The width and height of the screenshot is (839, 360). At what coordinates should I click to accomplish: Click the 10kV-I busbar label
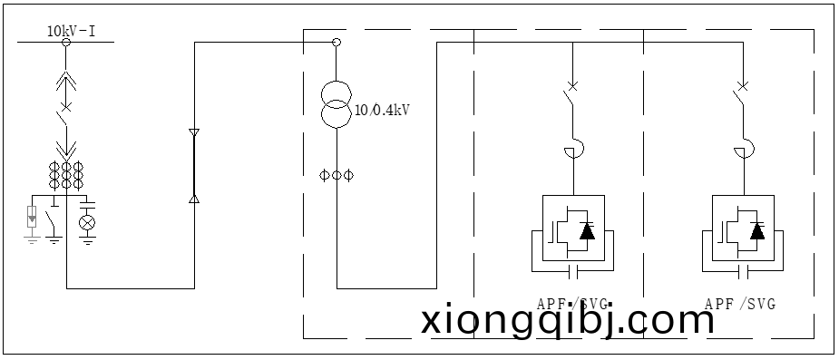click(x=72, y=32)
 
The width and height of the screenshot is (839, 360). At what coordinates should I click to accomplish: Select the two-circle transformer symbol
click(x=337, y=104)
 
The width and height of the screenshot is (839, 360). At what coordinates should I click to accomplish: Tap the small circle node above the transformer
click(x=337, y=42)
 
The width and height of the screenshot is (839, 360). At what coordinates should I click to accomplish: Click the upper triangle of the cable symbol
click(x=193, y=134)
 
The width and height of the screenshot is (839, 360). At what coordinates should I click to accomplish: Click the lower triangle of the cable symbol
click(x=193, y=197)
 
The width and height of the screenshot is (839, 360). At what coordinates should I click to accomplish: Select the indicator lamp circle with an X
click(x=87, y=220)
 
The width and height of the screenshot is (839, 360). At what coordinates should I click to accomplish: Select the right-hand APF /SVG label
click(x=739, y=304)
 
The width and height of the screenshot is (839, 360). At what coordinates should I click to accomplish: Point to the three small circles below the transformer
click(x=337, y=174)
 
